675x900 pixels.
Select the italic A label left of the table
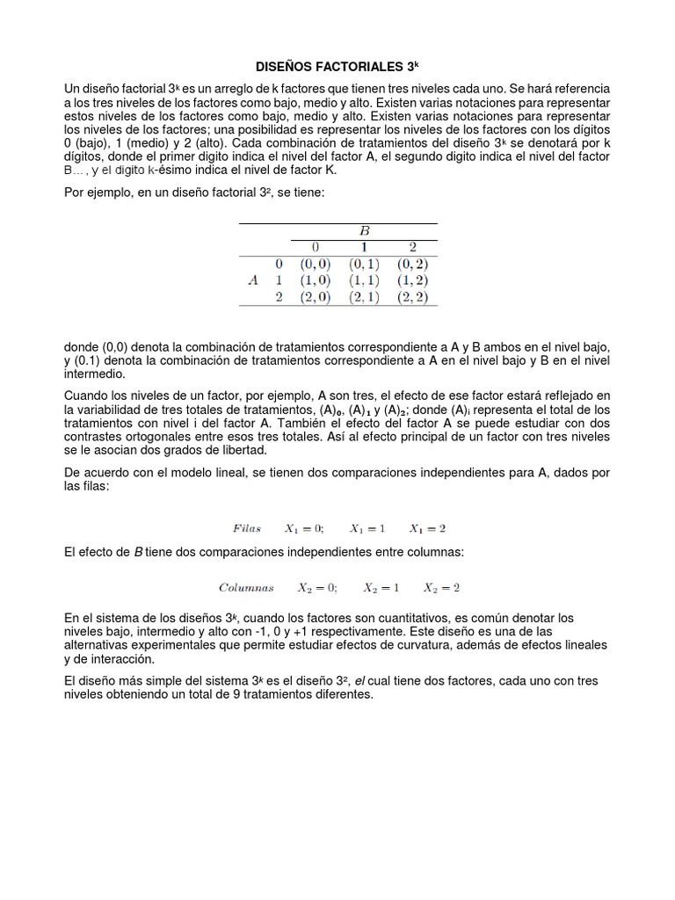click(253, 280)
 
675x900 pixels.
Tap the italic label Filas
click(247, 528)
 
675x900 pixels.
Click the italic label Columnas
click(246, 587)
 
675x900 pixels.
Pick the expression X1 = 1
click(367, 528)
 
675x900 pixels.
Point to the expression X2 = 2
click(441, 587)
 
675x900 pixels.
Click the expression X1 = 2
click(428, 528)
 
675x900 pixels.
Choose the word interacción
click(123, 658)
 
